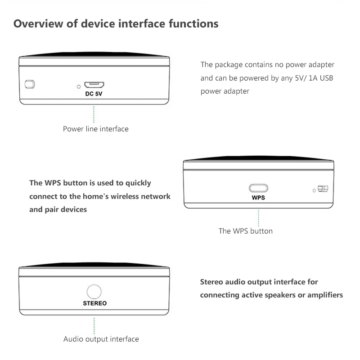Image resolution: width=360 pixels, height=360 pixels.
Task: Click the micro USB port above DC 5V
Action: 94,85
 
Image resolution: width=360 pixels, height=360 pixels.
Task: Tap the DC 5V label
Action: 94,94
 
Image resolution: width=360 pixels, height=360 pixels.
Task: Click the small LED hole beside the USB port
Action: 79,86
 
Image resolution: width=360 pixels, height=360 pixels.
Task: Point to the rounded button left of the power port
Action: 30,84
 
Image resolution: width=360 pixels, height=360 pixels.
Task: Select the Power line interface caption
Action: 96,129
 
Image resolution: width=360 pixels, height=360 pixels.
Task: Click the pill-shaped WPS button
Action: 258,188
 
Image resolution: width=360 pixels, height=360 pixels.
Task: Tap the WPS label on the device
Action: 258,198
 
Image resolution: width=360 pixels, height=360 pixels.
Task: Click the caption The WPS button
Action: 246,231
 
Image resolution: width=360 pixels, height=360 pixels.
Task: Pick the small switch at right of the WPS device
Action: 323,189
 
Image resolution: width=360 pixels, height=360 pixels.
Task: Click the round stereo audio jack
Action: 94,292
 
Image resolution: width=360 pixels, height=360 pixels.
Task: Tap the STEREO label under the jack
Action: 94,303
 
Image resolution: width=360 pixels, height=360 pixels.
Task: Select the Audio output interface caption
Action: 101,339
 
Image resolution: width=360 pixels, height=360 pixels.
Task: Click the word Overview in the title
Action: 38,24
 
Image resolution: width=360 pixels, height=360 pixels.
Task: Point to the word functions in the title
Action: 193,24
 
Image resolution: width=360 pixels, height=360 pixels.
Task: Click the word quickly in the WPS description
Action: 139,183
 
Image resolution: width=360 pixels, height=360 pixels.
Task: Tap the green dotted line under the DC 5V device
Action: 94,115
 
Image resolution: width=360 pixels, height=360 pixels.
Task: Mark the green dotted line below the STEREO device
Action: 94,325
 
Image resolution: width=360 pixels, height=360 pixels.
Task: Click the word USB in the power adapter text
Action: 326,78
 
